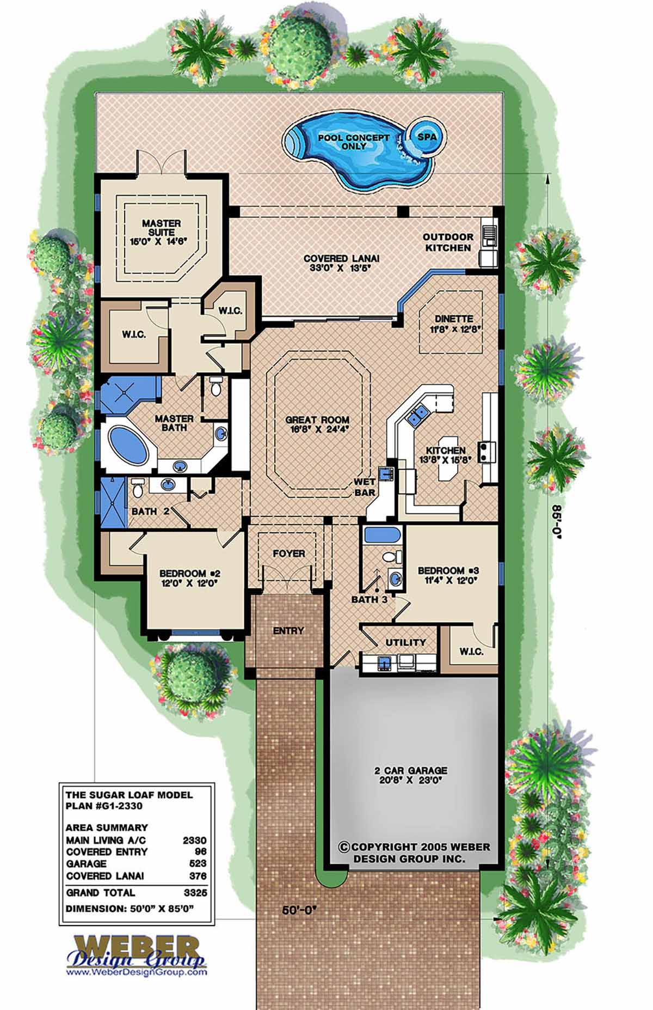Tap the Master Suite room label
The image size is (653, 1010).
pyautogui.click(x=161, y=228)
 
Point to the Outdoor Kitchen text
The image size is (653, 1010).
pyautogui.click(x=448, y=242)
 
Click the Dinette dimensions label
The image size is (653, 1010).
pyautogui.click(x=450, y=329)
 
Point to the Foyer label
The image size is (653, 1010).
pyautogui.click(x=289, y=553)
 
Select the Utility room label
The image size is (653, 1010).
pyautogui.click(x=405, y=643)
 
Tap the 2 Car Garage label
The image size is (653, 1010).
pyautogui.click(x=411, y=770)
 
